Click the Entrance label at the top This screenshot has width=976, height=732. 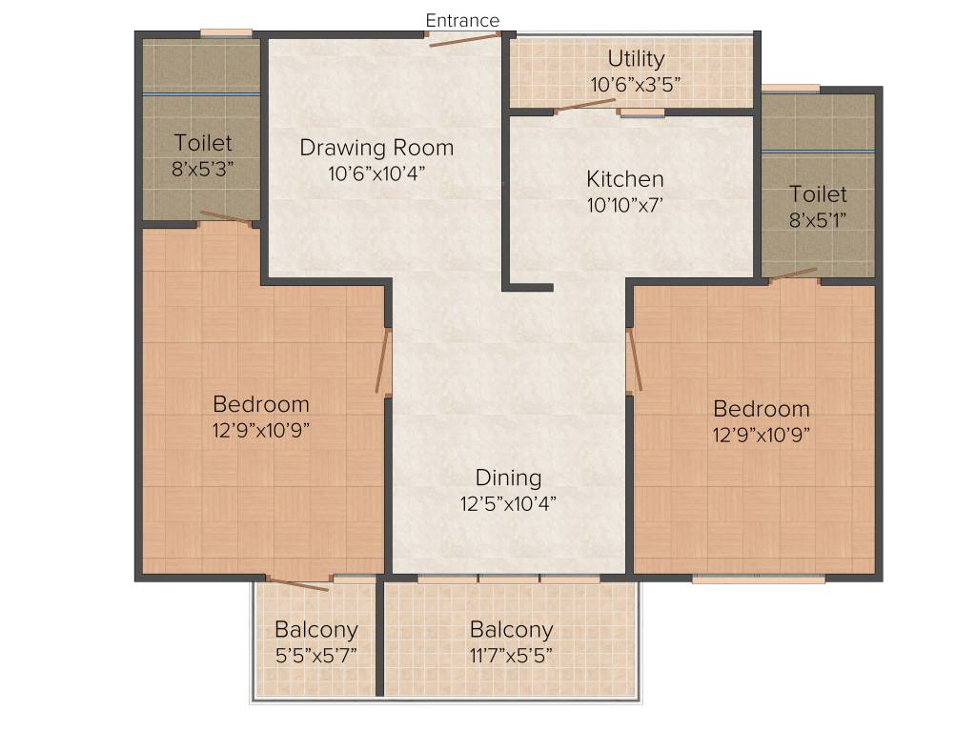pos(462,20)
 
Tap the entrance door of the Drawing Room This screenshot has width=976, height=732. pos(463,38)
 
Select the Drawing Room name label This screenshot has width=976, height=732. pos(376,148)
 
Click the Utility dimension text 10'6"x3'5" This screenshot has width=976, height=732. pos(636,84)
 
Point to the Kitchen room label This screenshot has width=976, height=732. pos(624,179)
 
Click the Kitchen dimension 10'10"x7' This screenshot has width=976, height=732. pos(624,203)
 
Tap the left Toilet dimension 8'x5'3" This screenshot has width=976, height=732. pos(203,168)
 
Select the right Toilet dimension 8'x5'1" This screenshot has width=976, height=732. pos(818,218)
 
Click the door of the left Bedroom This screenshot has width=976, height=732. pos(383,362)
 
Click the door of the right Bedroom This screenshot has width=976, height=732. pos(634,362)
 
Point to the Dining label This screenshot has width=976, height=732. pos(508,478)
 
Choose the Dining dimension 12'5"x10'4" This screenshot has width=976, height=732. pos(508,503)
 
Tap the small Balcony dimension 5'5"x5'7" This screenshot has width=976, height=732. pos(315,655)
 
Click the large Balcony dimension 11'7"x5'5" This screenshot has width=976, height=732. pos(511,655)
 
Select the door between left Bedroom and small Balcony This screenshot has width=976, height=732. pos(298,582)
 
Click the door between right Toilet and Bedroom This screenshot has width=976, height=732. pos(794,275)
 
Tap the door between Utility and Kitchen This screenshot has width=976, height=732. pos(585,106)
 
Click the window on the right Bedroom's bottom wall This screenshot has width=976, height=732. pos(758,578)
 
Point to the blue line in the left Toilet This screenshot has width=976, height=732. pos(201,94)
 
